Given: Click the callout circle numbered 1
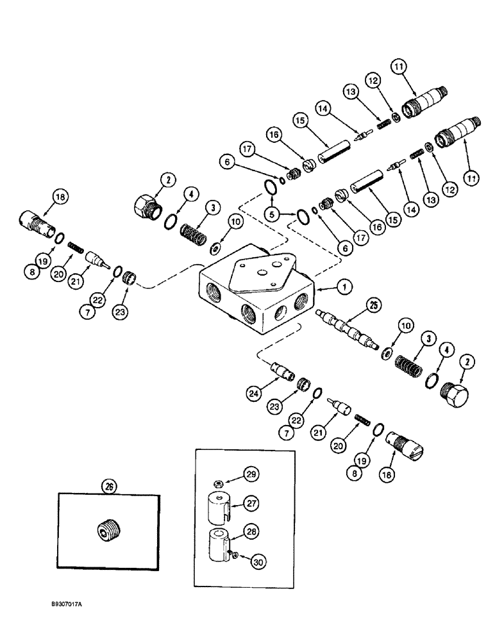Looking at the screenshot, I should pos(344,288).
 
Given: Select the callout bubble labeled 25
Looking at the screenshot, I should pos(373,305).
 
